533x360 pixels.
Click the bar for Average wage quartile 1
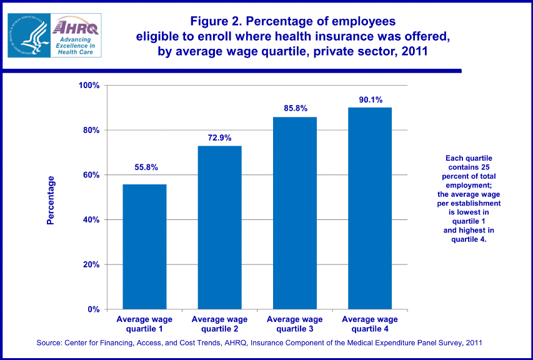click(144, 247)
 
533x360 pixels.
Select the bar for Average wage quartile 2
click(219, 227)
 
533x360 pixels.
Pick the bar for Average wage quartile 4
click(370, 208)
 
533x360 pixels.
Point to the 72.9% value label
click(219, 136)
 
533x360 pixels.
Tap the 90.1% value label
click(370, 99)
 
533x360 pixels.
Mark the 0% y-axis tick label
click(94, 309)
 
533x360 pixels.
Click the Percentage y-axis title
click(51, 200)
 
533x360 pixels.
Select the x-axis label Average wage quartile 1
click(144, 324)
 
